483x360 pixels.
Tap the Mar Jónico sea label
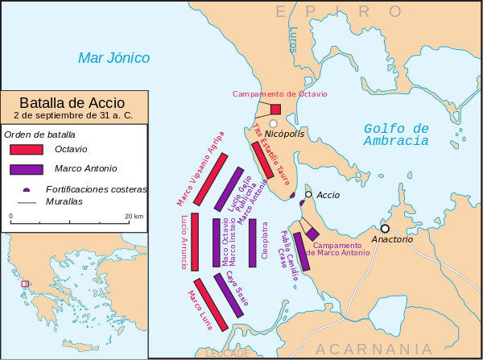(x=114, y=58)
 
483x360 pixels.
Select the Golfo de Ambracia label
(x=396, y=134)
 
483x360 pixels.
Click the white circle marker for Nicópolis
(x=274, y=123)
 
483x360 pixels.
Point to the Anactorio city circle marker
(x=385, y=228)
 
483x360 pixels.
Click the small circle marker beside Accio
(x=308, y=194)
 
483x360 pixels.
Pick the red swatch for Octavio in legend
(x=27, y=149)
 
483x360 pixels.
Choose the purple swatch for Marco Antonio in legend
(x=27, y=169)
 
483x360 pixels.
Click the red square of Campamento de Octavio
(x=275, y=110)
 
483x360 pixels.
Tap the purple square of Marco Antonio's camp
(x=312, y=234)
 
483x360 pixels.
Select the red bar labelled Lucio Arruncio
(x=195, y=242)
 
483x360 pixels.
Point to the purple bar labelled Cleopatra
(x=253, y=242)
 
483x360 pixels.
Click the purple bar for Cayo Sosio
(x=229, y=296)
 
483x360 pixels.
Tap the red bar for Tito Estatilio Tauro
(x=262, y=160)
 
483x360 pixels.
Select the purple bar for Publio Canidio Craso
(x=301, y=251)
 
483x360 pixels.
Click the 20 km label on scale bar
(x=134, y=217)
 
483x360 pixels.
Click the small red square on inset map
(x=25, y=283)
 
